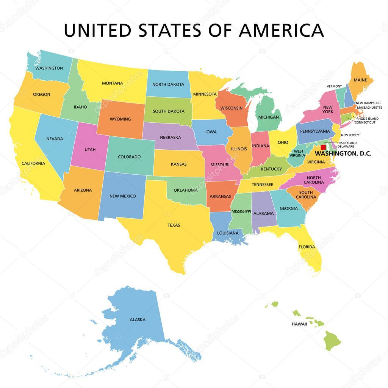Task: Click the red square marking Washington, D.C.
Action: click(323, 147)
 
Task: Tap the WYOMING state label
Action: click(120, 119)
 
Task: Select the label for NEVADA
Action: click(55, 139)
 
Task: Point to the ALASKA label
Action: click(138, 319)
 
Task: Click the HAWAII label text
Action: click(299, 324)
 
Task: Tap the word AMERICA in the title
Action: click(282, 30)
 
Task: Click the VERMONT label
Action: click(334, 86)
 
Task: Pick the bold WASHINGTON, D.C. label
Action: click(343, 153)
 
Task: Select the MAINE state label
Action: click(360, 80)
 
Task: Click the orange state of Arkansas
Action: click(220, 196)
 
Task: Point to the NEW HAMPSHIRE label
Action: click(368, 103)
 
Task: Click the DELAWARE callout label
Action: click(346, 146)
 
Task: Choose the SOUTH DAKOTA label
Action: click(169, 111)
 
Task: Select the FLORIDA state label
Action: click(307, 247)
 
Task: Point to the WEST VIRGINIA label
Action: click(297, 153)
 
